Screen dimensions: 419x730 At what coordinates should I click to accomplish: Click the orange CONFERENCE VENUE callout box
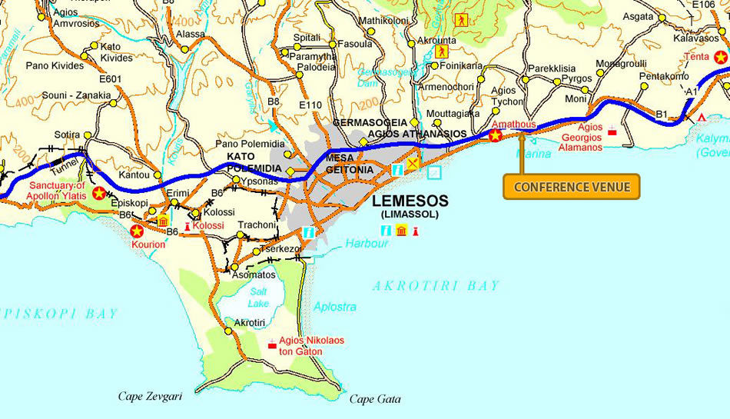[572, 187]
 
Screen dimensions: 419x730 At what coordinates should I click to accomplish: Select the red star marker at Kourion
[138, 231]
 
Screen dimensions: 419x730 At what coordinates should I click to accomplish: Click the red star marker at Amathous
[496, 136]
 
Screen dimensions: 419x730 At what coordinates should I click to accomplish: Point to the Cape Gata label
[375, 399]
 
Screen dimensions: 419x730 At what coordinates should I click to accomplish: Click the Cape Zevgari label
[150, 397]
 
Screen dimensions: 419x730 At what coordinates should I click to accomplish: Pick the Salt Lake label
[258, 297]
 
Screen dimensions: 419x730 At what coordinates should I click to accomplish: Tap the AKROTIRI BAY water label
[436, 286]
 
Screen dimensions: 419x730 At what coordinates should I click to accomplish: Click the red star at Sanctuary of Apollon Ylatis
[99, 193]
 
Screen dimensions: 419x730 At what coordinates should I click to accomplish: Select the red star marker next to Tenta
[720, 57]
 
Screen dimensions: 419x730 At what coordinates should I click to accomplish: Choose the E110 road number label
[311, 105]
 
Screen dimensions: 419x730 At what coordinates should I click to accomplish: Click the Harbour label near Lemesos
[367, 244]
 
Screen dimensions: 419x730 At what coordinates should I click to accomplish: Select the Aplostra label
[335, 307]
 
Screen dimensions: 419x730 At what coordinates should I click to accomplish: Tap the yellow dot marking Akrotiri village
[228, 331]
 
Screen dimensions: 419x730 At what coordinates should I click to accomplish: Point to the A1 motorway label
[692, 91]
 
